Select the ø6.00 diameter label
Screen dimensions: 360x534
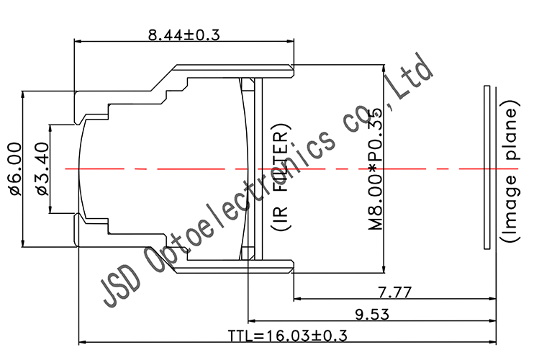click(x=15, y=168)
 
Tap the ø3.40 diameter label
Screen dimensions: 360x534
click(x=41, y=168)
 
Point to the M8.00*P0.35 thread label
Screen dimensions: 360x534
click(x=376, y=168)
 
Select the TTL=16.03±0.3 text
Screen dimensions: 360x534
click(x=288, y=336)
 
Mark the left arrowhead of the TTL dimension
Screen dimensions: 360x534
click(x=80, y=342)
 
